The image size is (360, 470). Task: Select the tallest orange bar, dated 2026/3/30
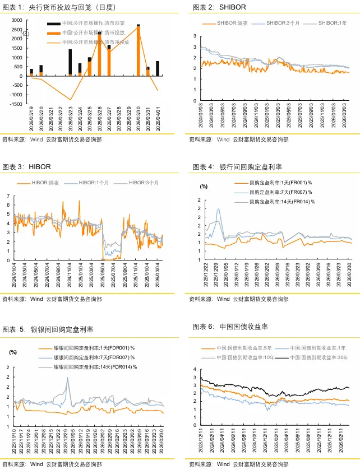[139, 51]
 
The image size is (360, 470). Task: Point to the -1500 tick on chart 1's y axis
[16, 104]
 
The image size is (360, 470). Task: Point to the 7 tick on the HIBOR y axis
[8, 196]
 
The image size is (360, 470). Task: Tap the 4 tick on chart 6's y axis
[195, 370]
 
